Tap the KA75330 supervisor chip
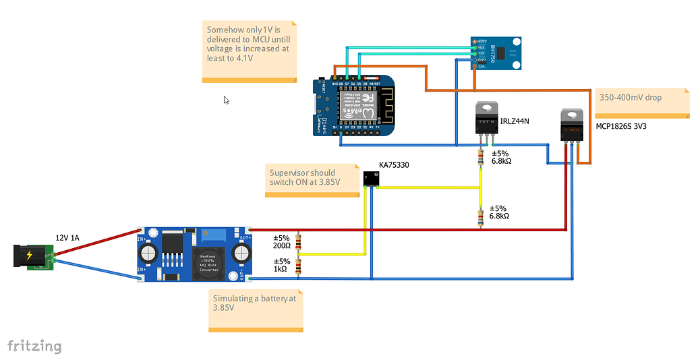click(x=371, y=179)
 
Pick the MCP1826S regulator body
click(x=572, y=125)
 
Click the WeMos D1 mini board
click(x=353, y=106)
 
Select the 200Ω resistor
click(x=299, y=243)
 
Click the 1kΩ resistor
click(x=299, y=266)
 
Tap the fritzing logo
click(x=34, y=347)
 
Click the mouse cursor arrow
click(x=227, y=100)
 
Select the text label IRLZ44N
click(x=515, y=121)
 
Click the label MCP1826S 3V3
click(x=620, y=126)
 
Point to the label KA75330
click(x=394, y=164)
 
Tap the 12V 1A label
click(x=67, y=238)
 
